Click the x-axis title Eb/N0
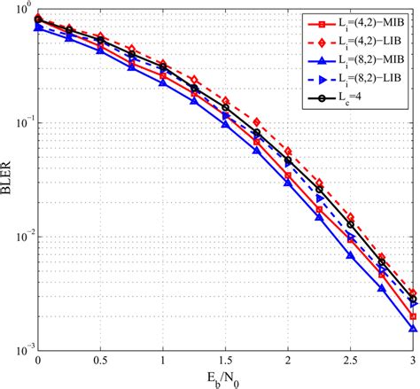coord(225,379)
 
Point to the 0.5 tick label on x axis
coord(100,363)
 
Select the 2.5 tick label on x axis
coord(351,363)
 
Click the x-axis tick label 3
coord(413,363)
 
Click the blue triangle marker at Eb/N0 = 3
coord(413,328)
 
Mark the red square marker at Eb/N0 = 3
coord(413,315)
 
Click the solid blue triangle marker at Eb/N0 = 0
coord(37,27)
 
